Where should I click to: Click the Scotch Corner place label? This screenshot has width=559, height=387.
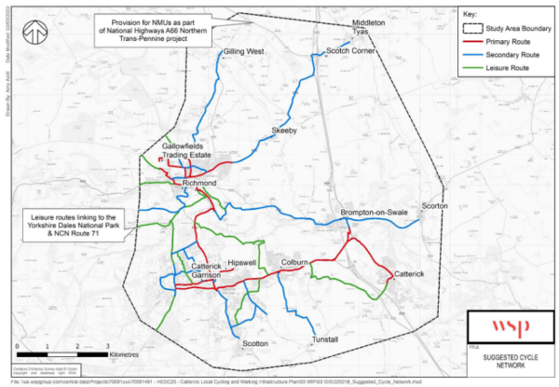tap(349, 51)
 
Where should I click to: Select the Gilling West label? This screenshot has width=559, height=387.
tap(244, 52)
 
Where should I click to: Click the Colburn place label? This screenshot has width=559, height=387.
tap(295, 263)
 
